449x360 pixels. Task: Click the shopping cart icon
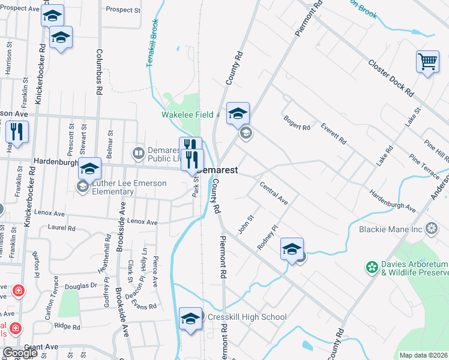[x=427, y=61]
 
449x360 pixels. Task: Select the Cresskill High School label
[x=247, y=317]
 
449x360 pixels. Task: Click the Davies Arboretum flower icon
[x=372, y=266]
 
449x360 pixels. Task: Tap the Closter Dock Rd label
[x=391, y=78]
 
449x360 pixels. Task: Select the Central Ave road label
[x=274, y=194]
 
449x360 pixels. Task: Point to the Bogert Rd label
[x=297, y=127]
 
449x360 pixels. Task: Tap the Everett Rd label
[x=334, y=134]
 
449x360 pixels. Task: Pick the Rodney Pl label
[x=268, y=238]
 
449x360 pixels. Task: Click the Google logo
[x=20, y=353]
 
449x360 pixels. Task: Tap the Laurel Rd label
[x=62, y=228]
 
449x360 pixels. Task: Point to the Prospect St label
[x=122, y=10]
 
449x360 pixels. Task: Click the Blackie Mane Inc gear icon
[x=431, y=229]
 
